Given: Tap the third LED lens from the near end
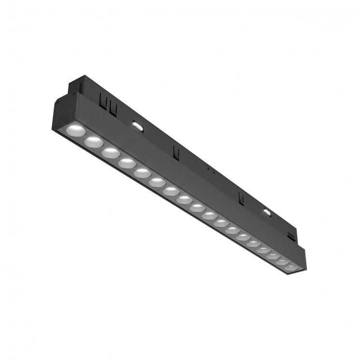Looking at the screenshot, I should pos(111,153).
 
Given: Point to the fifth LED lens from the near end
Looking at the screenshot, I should pos(142,173).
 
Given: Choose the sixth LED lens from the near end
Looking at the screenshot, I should pos(157,183).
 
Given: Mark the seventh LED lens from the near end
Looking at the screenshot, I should pos(171,191).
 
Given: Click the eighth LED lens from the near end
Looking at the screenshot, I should pos(184,200).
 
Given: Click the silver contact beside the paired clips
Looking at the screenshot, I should pos(138,125).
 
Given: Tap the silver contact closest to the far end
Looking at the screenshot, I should pos(267,211).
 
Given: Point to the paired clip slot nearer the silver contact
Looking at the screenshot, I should pos(113,108).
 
